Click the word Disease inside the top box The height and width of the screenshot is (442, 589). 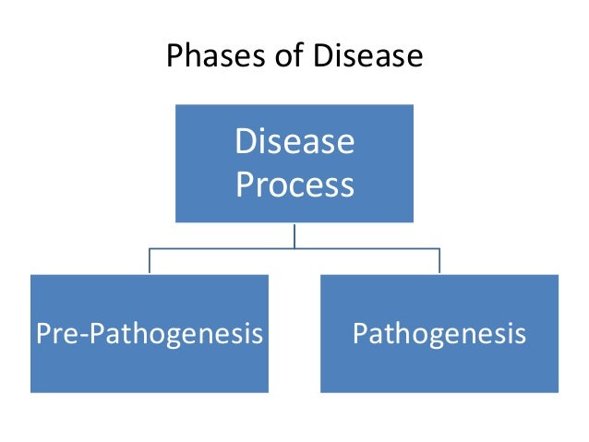[294, 142]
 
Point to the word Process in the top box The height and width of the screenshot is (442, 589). [294, 185]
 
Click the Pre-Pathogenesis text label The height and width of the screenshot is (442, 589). [149, 333]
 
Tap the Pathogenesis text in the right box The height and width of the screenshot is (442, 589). [439, 333]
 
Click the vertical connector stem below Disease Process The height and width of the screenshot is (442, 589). [294, 235]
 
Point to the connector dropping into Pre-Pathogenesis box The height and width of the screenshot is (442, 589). [149, 261]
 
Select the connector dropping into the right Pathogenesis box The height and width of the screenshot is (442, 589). [439, 261]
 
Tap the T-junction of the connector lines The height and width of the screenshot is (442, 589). [294, 248]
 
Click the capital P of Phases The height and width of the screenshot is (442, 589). [174, 57]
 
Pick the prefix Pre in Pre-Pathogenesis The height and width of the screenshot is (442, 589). [53, 333]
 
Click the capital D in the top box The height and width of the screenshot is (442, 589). [246, 142]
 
